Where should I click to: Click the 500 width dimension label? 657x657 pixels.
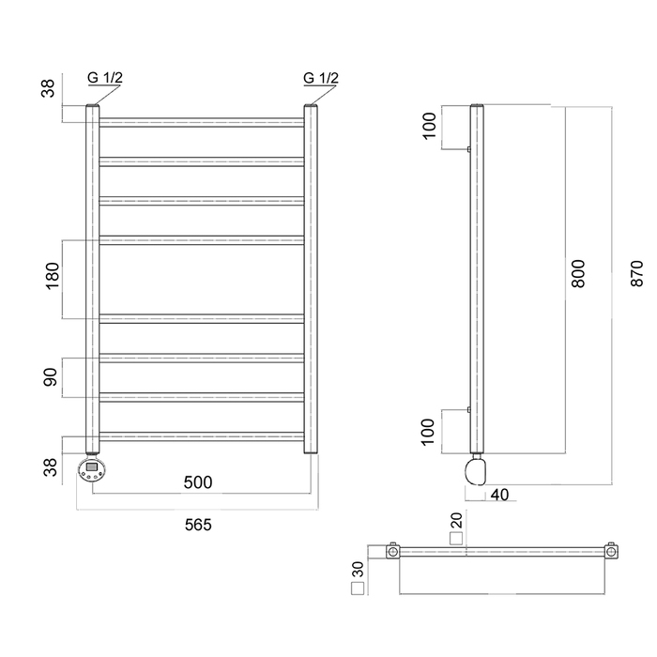(198, 482)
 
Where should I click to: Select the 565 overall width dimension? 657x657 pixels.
(198, 525)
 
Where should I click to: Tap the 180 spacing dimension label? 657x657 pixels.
(53, 276)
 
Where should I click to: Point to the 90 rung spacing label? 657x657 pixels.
(51, 377)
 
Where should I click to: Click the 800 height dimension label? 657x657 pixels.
(578, 274)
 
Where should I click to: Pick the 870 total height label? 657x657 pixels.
(637, 274)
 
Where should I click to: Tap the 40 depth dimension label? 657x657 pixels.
(499, 495)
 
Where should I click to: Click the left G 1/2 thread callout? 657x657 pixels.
(105, 78)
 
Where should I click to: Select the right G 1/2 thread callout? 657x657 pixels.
(321, 78)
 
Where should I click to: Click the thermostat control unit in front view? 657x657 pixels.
(92, 469)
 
